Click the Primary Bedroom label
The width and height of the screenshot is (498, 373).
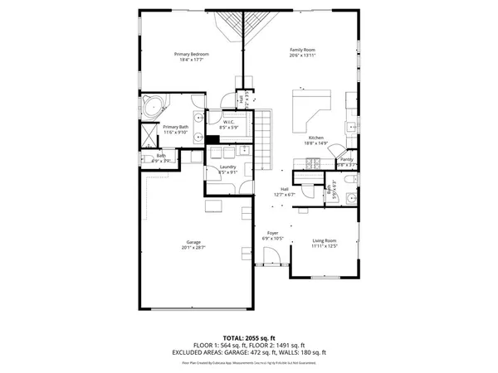(191, 54)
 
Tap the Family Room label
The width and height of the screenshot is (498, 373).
(304, 49)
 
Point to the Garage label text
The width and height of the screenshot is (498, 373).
(191, 242)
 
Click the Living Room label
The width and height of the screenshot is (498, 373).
(325, 240)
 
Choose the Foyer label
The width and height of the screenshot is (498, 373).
(272, 233)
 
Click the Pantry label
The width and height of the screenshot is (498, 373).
(346, 159)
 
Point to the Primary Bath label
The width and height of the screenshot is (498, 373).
(154, 127)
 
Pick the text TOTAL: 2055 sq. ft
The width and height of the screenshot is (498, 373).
(248, 338)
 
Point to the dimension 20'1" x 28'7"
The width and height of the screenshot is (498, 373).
(191, 248)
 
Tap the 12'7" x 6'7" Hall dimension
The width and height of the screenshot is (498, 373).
(285, 194)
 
